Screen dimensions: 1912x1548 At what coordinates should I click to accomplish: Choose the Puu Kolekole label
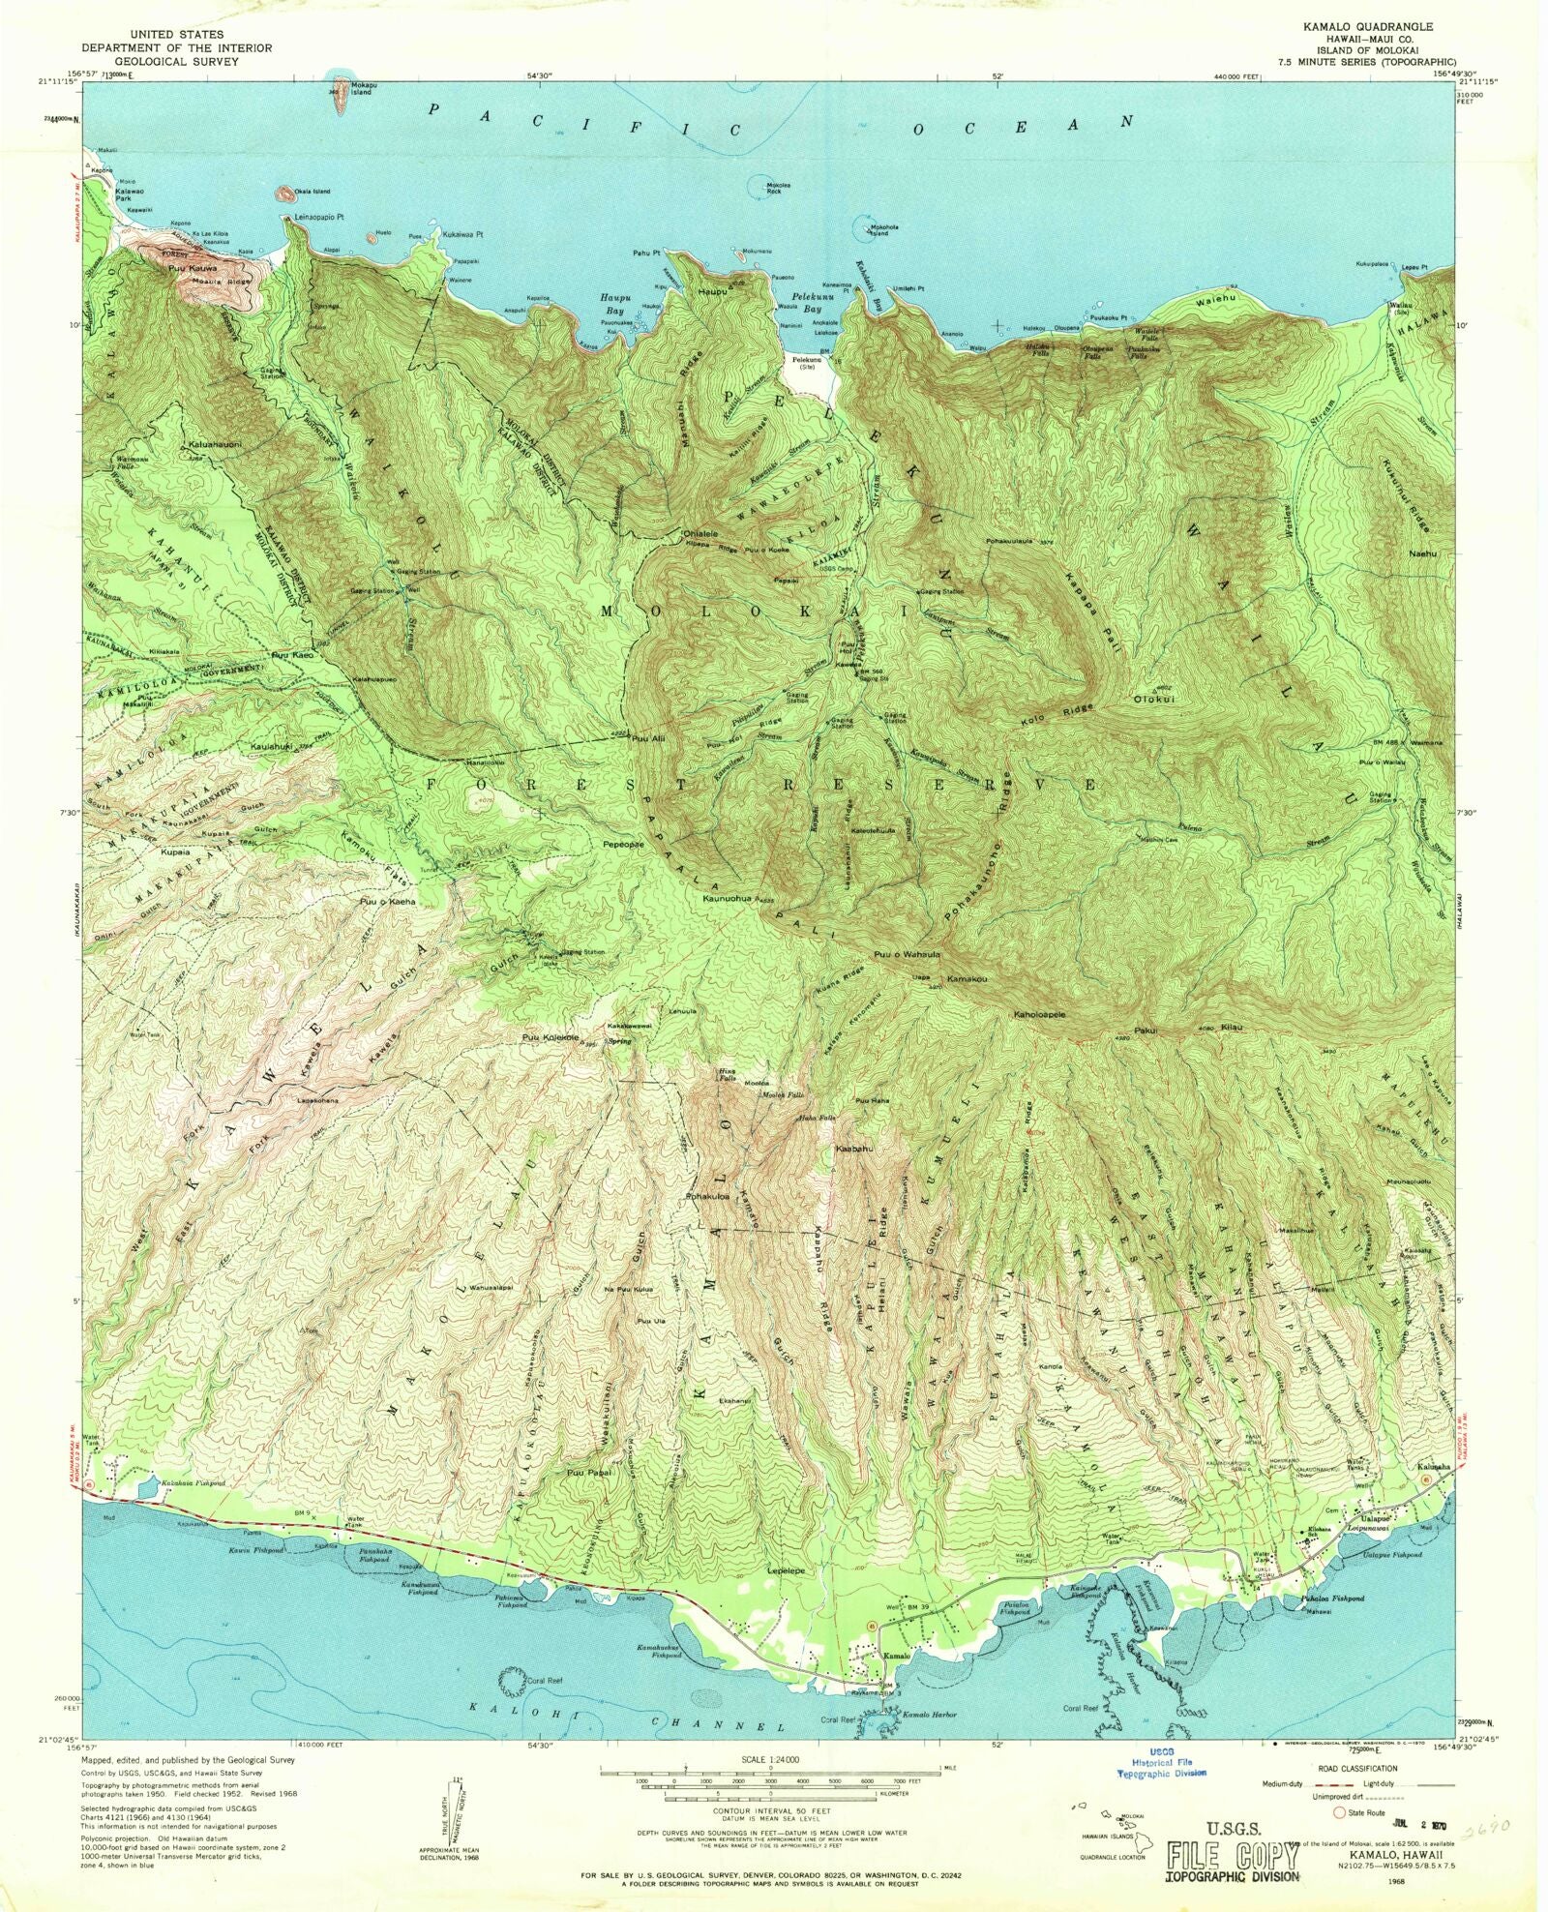[551, 1038]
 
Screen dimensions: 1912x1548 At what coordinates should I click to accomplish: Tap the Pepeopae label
[624, 843]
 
